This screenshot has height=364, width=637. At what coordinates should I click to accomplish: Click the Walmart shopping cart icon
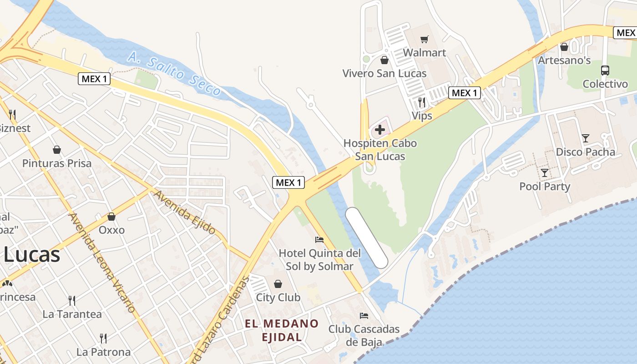coord(425,40)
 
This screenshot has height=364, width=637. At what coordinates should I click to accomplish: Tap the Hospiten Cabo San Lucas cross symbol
coord(379,130)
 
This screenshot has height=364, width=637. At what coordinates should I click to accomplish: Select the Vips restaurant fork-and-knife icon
coord(422,102)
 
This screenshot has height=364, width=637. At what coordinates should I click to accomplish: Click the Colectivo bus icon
coord(605,71)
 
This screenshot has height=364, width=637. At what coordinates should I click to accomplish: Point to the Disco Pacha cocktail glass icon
coord(586,138)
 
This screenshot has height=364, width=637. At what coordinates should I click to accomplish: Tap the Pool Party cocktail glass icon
coord(544,172)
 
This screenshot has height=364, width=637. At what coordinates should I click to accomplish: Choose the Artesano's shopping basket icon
coord(564,47)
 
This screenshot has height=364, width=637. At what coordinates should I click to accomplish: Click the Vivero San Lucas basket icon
coord(384,60)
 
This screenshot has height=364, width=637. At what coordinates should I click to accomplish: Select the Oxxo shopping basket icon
coord(111,217)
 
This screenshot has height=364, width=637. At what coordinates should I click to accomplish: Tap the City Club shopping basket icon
coord(278,284)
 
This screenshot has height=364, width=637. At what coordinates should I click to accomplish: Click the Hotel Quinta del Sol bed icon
coord(319,239)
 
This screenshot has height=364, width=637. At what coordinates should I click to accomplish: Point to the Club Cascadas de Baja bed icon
coord(364,315)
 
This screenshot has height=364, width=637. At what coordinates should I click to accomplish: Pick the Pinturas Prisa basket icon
coord(57,150)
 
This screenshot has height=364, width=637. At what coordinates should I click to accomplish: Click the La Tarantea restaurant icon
coord(72,301)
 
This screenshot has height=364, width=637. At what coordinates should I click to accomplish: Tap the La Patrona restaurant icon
coord(103,339)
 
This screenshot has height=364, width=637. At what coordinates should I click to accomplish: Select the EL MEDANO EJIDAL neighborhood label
coord(282,330)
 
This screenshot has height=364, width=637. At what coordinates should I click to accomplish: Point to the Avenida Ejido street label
coord(184,212)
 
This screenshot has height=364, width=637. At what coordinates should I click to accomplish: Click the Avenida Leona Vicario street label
coord(102,263)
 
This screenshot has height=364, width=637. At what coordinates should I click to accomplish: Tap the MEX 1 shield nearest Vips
coord(465,93)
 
